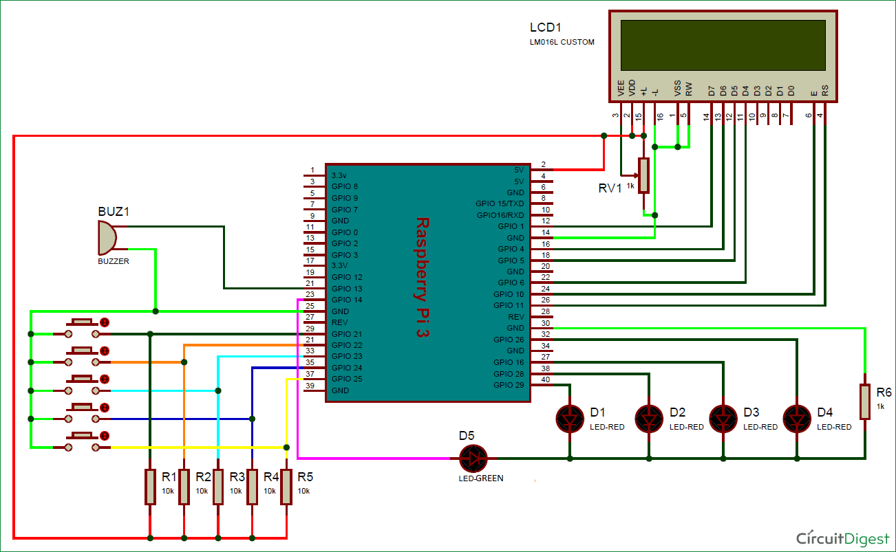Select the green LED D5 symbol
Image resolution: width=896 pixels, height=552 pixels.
click(x=473, y=458)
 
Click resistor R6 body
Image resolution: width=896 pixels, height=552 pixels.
click(x=865, y=402)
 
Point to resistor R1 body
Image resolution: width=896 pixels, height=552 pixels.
click(x=150, y=486)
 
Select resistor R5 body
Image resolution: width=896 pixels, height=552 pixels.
click(x=286, y=486)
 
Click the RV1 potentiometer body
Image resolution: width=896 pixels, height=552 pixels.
click(x=643, y=175)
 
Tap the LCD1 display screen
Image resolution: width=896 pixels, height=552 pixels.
click(x=723, y=45)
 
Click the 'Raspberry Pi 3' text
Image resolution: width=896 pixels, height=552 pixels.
click(x=422, y=276)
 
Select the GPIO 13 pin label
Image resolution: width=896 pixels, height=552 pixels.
click(x=346, y=289)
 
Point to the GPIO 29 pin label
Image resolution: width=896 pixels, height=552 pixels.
click(x=509, y=385)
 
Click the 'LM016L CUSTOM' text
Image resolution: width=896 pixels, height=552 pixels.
click(x=562, y=43)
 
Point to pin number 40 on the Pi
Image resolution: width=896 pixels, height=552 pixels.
click(x=545, y=380)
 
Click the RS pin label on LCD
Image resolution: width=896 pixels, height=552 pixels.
click(x=825, y=91)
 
